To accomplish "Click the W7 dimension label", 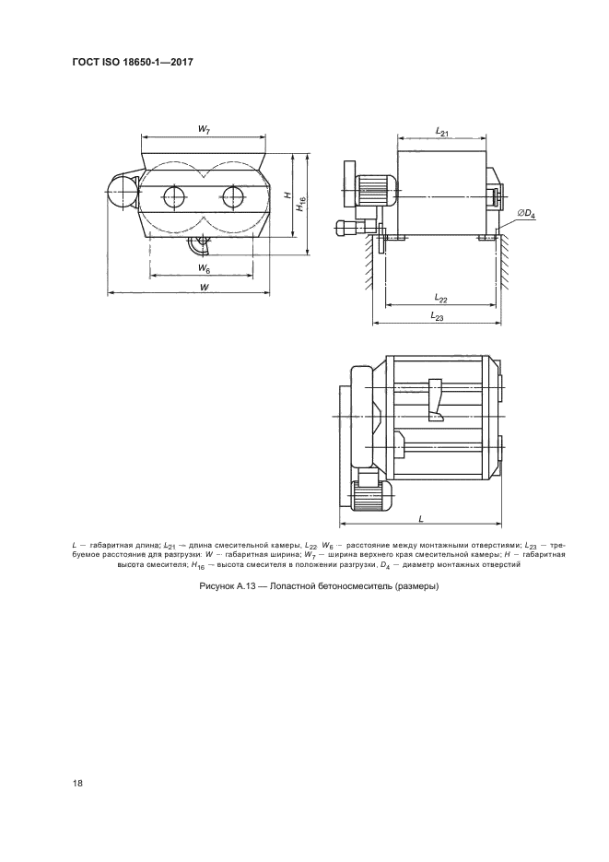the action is click(204, 130).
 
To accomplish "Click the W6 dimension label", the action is click(204, 268).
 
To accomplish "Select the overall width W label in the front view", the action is click(204, 287).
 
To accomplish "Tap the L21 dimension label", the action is click(442, 132).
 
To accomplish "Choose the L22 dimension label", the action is click(441, 298).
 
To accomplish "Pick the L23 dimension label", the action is click(437, 316).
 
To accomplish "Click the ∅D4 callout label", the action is click(526, 213).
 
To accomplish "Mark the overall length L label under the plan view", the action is click(421, 518).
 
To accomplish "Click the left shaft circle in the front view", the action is click(175, 195).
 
